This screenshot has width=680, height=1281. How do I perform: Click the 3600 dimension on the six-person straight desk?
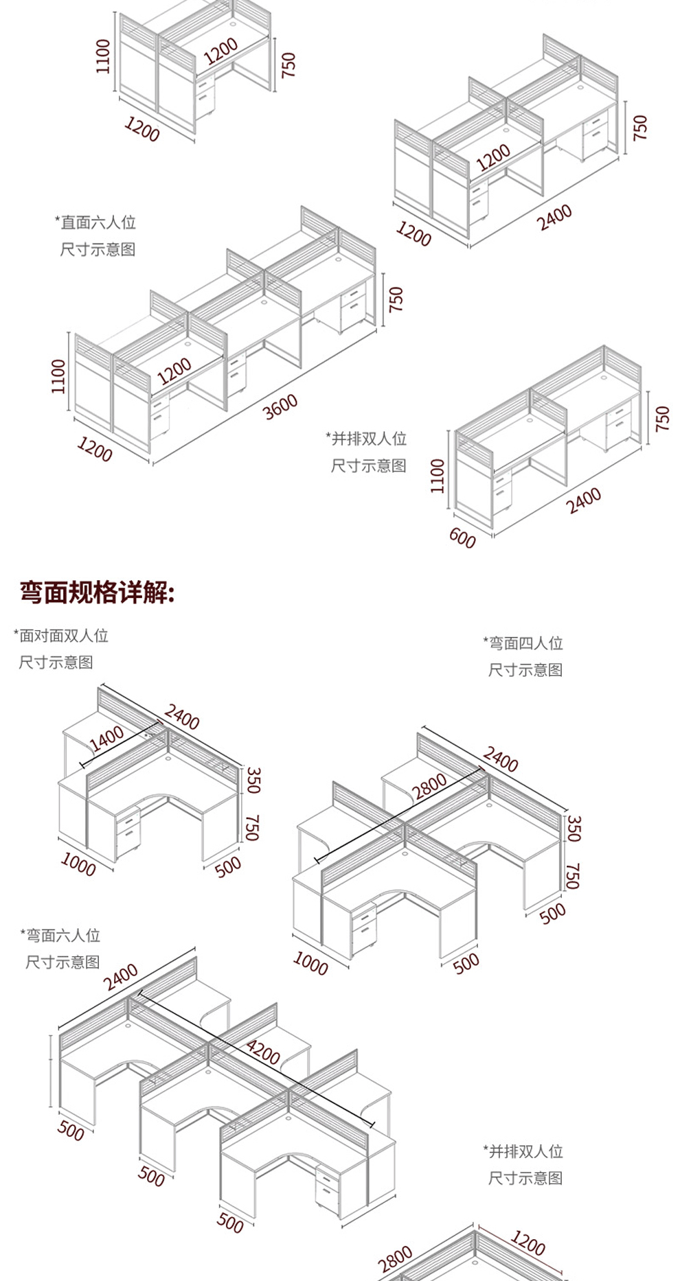tap(281, 406)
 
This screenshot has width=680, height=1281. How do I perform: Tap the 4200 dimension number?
tap(263, 1051)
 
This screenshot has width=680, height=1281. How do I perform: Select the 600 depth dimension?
tap(462, 538)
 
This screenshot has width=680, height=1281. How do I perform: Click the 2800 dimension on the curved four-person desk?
tap(431, 785)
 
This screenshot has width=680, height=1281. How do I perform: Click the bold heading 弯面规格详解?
tap(98, 592)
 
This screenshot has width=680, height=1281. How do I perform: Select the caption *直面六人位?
tap(95, 222)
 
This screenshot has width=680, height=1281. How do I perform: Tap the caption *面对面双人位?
tap(61, 636)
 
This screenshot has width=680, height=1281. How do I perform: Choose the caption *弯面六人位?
tap(60, 935)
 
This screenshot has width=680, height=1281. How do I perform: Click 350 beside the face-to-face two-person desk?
tap(254, 781)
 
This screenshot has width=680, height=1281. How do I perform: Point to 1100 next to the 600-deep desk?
tap(438, 476)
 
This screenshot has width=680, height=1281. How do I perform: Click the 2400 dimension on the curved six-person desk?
tap(121, 977)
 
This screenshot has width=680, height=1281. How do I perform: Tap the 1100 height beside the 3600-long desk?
tap(59, 377)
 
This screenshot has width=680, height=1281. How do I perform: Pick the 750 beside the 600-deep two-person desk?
tap(662, 419)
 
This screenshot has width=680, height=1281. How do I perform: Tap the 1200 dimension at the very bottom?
tap(528, 1243)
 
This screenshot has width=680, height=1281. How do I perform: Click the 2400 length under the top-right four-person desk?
tap(554, 217)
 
